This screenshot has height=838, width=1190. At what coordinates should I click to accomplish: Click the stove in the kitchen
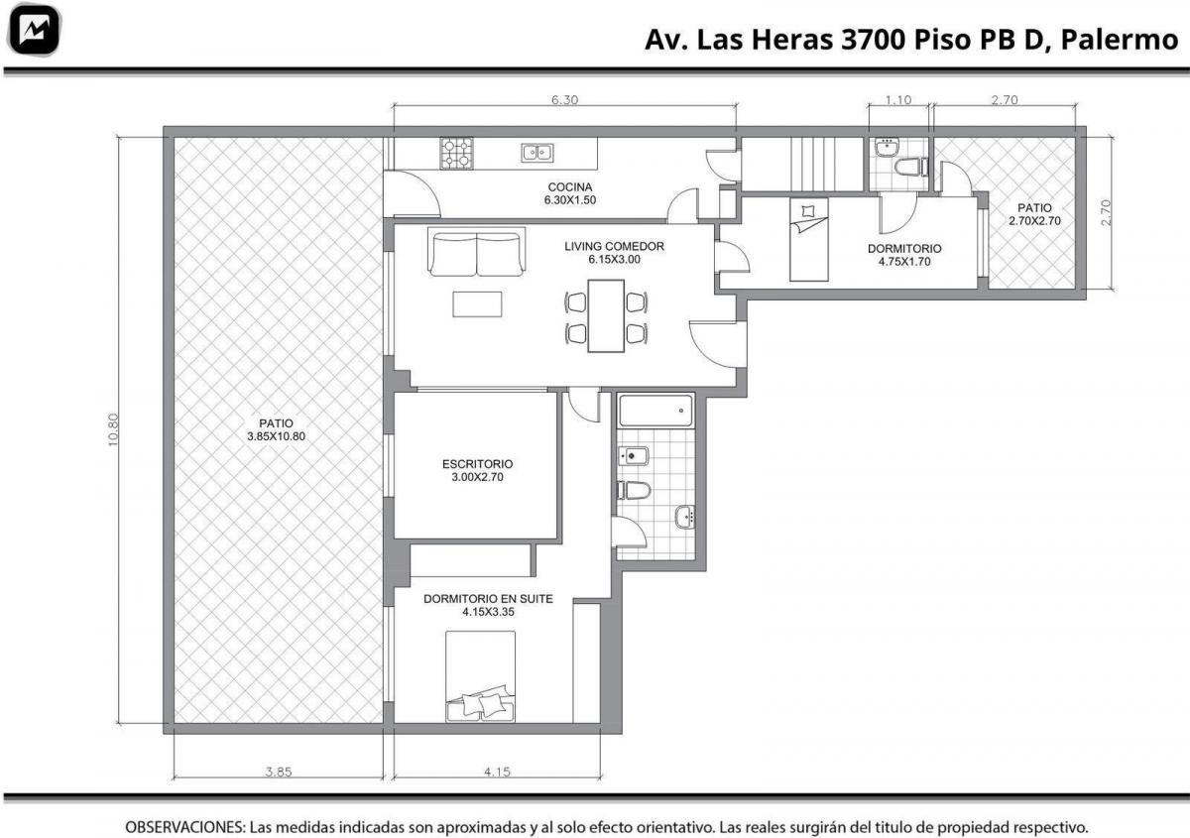(456, 153)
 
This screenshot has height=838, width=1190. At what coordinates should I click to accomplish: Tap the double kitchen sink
(537, 153)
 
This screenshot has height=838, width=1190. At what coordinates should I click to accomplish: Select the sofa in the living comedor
(477, 253)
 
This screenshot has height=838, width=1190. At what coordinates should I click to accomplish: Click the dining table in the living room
(606, 315)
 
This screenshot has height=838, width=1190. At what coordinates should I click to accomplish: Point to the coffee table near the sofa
(477, 303)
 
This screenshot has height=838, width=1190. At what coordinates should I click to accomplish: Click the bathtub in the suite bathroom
(656, 410)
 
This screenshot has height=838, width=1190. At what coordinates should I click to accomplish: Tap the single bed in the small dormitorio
(808, 240)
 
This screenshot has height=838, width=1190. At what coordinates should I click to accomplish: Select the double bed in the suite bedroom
(480, 676)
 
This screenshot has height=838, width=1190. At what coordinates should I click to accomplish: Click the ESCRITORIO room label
(477, 464)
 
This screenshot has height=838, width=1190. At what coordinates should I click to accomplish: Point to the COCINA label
(570, 187)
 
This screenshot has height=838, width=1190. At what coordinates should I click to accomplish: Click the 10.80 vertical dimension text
(113, 429)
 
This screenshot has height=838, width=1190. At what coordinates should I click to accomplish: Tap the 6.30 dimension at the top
(564, 100)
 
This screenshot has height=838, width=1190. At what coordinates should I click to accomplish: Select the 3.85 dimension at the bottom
(279, 772)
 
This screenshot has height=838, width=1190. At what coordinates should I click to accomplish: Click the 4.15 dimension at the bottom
(497, 772)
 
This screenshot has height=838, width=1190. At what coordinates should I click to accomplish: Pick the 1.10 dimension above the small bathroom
(898, 100)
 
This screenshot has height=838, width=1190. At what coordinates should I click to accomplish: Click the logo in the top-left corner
(35, 30)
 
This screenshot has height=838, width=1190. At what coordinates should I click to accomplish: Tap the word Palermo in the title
(1120, 40)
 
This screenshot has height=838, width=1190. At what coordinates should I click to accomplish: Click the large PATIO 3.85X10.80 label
(277, 429)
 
